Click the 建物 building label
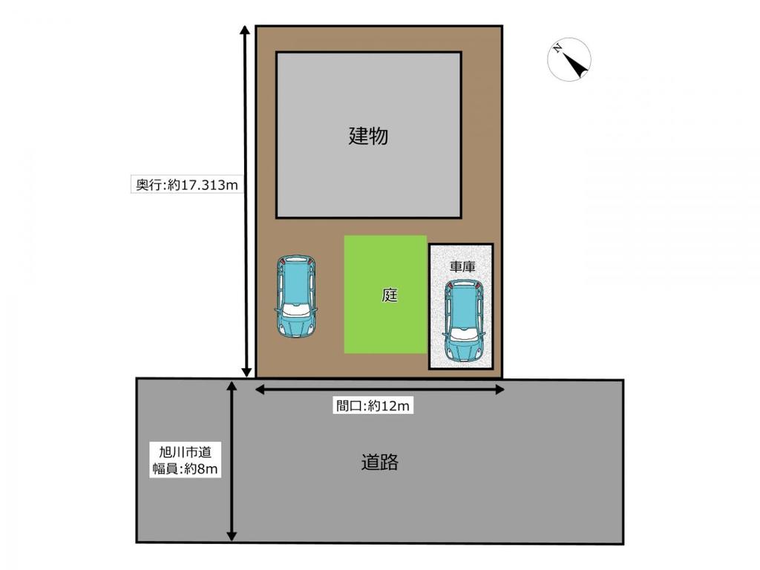point(368,136)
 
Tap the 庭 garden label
point(390,295)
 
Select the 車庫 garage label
point(462,266)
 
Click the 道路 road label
point(379,462)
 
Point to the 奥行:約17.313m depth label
point(187,185)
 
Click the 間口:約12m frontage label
point(373,406)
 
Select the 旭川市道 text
point(185,452)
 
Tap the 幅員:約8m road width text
point(185,469)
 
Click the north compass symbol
point(569,59)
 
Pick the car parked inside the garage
point(464,321)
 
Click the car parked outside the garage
point(296,296)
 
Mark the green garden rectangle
point(385,294)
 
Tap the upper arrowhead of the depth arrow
point(245,30)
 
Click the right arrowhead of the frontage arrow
point(499,389)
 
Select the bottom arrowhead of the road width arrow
point(232,535)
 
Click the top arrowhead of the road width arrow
point(232,386)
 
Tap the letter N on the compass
point(557,48)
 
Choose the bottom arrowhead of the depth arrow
point(246,372)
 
